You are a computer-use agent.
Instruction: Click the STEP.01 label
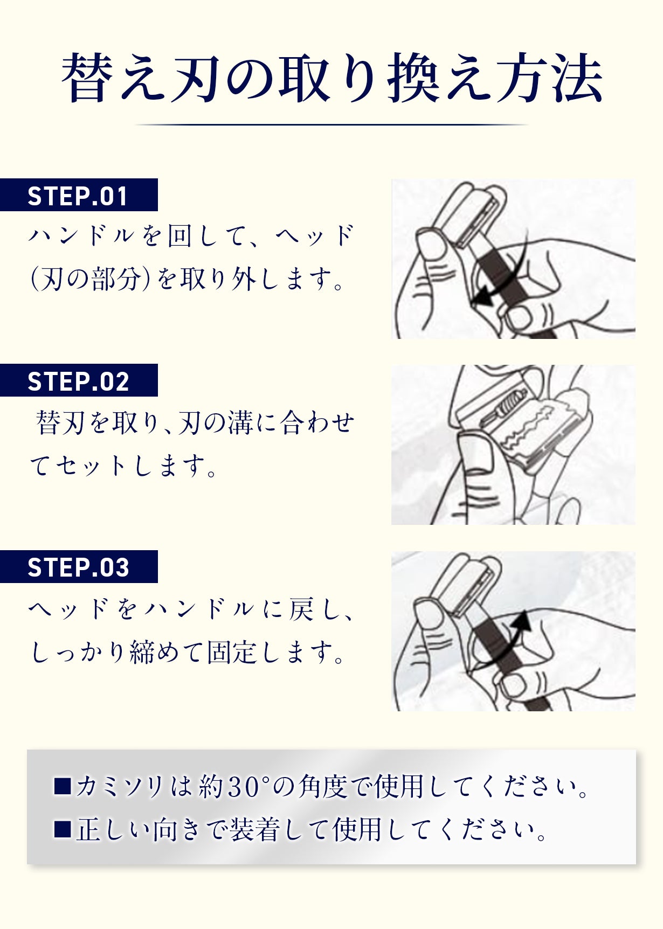(x=78, y=196)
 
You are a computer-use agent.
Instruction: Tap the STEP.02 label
(x=78, y=381)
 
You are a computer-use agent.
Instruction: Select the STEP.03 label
(x=78, y=567)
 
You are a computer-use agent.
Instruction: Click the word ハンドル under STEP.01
(x=81, y=236)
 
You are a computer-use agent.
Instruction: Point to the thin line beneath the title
(x=331, y=124)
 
